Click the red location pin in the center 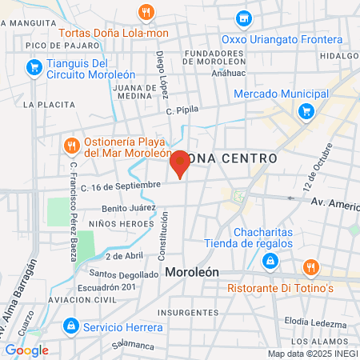(180, 163)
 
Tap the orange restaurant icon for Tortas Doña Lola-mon (145, 12)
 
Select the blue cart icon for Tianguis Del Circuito (33, 69)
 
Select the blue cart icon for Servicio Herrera (71, 326)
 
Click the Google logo (26, 350)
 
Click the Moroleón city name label (192, 272)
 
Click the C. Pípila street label (182, 110)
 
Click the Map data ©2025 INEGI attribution (313, 354)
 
